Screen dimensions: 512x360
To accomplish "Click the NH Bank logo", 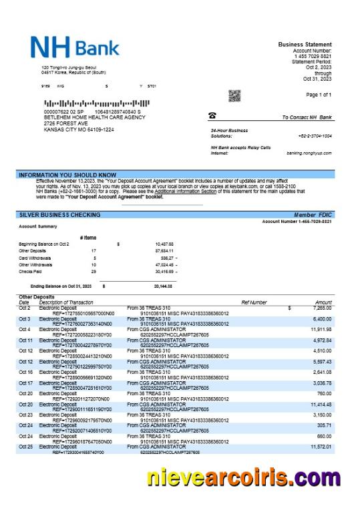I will tap(75, 47).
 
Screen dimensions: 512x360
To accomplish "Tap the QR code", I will tap(234, 95).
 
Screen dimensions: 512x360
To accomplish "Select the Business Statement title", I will tap(305, 45).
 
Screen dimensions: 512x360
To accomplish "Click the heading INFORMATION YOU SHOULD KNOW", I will tap(67, 175).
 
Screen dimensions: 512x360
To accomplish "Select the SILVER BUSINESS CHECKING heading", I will tap(59, 215).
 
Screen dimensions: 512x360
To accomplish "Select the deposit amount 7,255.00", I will tap(321, 308).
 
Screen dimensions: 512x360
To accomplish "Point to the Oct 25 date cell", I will tap(25, 447).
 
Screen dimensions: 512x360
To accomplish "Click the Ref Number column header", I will tap(254, 302).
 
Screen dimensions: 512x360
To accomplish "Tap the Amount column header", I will tap(323, 302).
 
